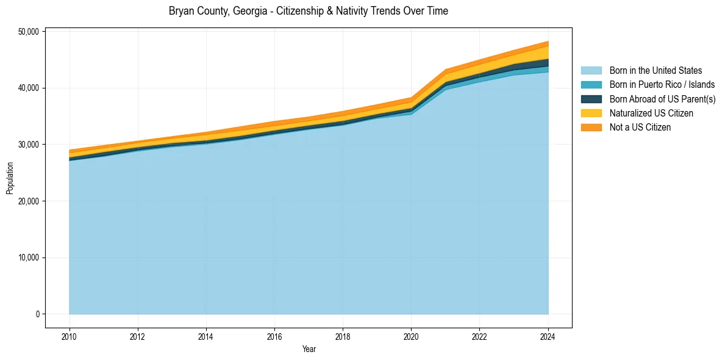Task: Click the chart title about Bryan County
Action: (308, 11)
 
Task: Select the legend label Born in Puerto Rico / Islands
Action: (662, 85)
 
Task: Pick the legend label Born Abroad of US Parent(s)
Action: (662, 99)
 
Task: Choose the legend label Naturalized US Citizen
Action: (651, 113)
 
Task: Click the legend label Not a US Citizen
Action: (640, 127)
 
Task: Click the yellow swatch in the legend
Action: (591, 113)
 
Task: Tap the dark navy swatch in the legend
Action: (591, 99)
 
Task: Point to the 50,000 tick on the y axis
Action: (28, 32)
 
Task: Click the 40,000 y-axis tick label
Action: (28, 88)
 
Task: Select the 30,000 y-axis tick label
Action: (28, 145)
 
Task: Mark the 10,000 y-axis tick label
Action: (28, 257)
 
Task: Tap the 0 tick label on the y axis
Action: (37, 314)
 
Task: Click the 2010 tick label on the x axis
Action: (70, 336)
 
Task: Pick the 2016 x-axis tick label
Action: (274, 336)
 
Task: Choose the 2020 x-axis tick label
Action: (411, 336)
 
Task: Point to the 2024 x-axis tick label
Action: (548, 336)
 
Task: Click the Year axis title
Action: (309, 349)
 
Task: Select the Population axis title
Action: (10, 178)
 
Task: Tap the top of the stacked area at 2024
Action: (548, 41)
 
